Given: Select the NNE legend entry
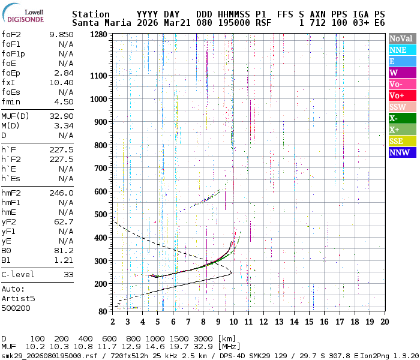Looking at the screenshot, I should [401, 50].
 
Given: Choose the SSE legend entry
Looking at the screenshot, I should [401, 141].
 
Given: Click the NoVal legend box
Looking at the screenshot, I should [401, 38].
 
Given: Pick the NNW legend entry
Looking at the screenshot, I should [401, 152].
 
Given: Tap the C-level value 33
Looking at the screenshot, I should [68, 275].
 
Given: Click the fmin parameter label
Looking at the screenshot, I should [12, 102].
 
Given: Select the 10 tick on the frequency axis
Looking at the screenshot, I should [233, 322].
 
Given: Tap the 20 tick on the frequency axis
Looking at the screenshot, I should [383, 322].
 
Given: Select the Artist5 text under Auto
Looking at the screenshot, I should [18, 298].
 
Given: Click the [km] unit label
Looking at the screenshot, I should [227, 338].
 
